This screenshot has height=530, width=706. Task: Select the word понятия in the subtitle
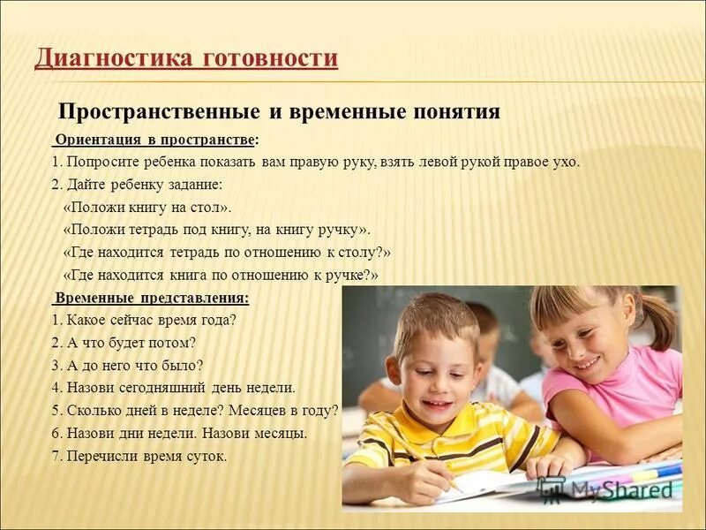point(456,112)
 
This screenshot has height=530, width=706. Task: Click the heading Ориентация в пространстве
point(156,140)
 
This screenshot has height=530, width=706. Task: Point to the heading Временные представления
point(151,298)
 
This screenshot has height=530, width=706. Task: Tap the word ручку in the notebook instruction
point(336,231)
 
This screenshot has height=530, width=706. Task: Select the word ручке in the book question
point(348,276)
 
